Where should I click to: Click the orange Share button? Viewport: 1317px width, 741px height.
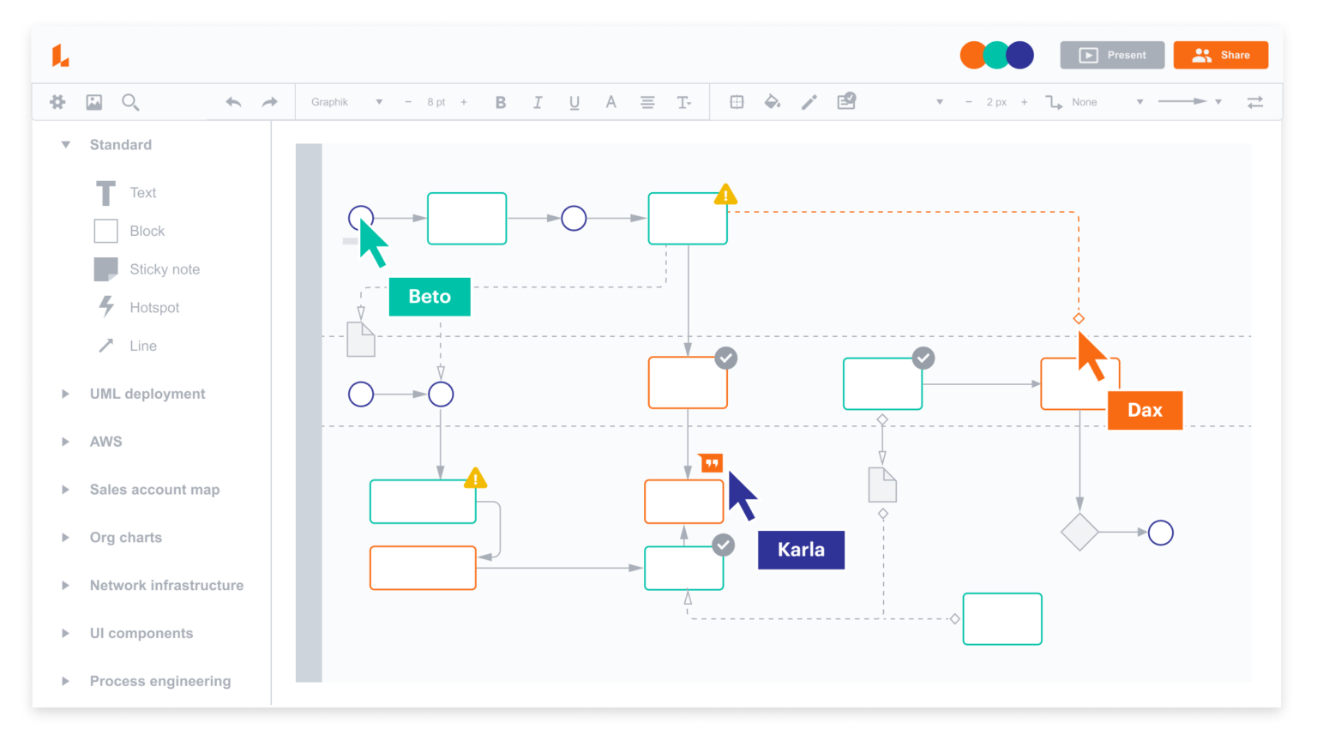click(x=1220, y=55)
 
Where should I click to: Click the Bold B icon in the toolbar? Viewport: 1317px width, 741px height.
click(x=501, y=102)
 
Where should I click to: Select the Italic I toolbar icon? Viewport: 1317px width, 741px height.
click(x=538, y=102)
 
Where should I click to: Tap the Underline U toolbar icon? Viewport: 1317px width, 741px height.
click(x=574, y=102)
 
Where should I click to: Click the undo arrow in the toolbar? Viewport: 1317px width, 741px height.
click(x=233, y=102)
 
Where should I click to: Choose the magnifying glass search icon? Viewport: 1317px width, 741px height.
click(x=130, y=102)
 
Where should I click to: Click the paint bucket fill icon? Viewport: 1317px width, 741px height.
click(x=773, y=102)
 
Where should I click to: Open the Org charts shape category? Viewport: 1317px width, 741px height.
click(x=125, y=538)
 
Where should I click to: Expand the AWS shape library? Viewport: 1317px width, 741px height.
click(x=105, y=442)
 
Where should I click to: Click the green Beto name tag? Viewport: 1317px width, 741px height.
click(x=430, y=297)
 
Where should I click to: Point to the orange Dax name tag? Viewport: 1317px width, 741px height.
click(x=1145, y=410)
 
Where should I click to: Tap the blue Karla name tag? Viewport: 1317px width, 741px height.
click(x=801, y=550)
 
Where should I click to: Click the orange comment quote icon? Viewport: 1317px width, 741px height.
click(x=712, y=463)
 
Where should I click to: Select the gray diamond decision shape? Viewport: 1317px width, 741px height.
click(x=1079, y=533)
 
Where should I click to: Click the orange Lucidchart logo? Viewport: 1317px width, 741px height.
click(x=60, y=56)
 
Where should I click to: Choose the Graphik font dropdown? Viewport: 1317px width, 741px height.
click(x=346, y=102)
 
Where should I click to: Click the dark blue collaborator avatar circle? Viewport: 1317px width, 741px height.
click(x=1020, y=55)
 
